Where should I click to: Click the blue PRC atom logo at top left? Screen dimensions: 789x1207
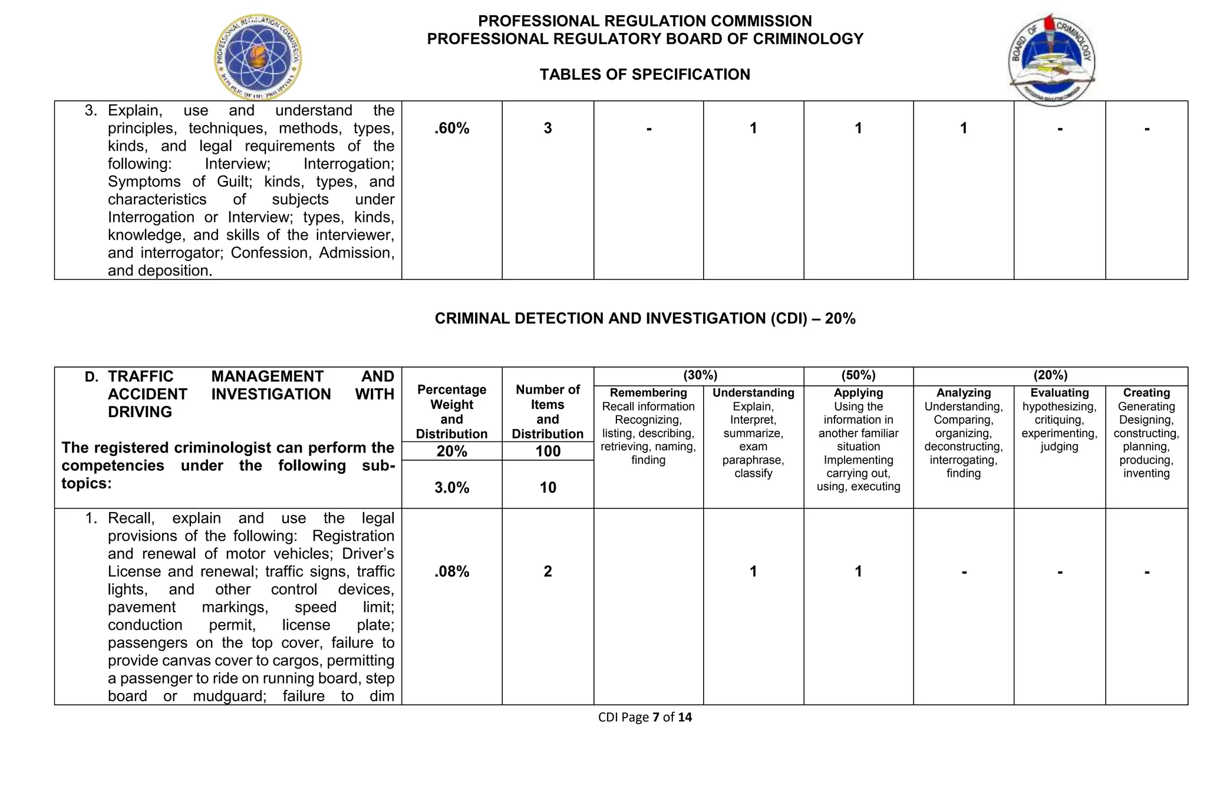coord(258,58)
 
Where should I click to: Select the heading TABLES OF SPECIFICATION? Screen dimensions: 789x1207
coord(645,75)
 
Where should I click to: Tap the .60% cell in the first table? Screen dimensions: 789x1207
coord(451,128)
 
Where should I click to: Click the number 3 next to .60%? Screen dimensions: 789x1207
coord(548,128)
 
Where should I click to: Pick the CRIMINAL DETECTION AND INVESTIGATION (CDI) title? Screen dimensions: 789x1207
coord(645,319)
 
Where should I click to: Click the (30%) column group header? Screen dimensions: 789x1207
coord(700,375)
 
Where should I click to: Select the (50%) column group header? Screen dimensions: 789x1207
coord(858,375)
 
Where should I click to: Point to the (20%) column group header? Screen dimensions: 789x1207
coord(1050,375)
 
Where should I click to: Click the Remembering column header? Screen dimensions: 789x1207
coord(648,393)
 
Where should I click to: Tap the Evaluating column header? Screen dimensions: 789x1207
coord(1059,393)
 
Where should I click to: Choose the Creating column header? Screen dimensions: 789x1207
coord(1146,393)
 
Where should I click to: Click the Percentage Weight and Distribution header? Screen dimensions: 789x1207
coord(451,412)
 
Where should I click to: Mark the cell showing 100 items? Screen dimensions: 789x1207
coord(548,452)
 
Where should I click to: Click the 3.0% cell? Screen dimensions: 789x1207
coord(451,488)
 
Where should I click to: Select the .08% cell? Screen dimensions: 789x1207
coord(451,572)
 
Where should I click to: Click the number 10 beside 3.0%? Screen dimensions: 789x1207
coord(548,488)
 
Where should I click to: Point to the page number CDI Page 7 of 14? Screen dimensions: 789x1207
coord(645,717)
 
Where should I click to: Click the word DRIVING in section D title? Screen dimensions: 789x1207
coord(140,412)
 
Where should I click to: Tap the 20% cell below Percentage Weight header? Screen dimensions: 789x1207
coord(451,452)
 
